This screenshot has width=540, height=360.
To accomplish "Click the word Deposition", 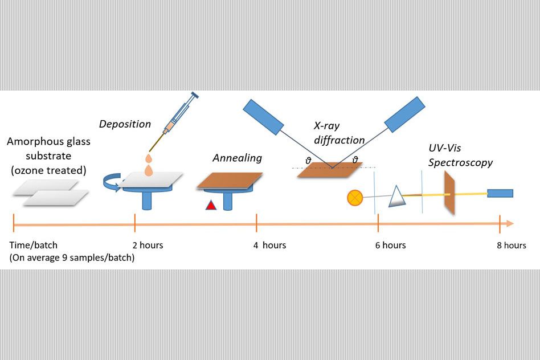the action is point(125,124).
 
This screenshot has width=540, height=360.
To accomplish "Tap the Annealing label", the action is point(238,158).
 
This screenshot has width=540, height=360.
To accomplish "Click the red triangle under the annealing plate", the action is point(211,205).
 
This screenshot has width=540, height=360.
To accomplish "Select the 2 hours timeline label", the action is point(148,246).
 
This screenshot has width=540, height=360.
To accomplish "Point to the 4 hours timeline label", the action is point(269,246).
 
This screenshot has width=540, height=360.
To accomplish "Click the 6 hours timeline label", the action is point(391,246).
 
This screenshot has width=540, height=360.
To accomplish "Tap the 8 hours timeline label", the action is point(512,246).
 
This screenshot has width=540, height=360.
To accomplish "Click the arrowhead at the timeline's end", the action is point(510,224).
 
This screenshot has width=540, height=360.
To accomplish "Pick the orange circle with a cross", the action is point(355,198).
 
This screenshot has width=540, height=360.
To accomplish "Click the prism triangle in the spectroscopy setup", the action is point(396,197).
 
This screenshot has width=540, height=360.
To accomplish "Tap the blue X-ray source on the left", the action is point(264,117).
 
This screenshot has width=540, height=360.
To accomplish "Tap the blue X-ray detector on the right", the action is point(404,114).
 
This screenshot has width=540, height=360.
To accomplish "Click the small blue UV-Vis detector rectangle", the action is point(500,193).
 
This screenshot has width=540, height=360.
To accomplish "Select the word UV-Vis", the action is point(445,148).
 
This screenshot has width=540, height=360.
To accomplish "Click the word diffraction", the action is point(339,140).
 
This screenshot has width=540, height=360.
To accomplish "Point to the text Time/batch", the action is point(34,246).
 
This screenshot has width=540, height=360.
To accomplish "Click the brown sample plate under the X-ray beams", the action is point(330,170).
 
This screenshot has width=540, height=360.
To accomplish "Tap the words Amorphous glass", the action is point(48,142).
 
